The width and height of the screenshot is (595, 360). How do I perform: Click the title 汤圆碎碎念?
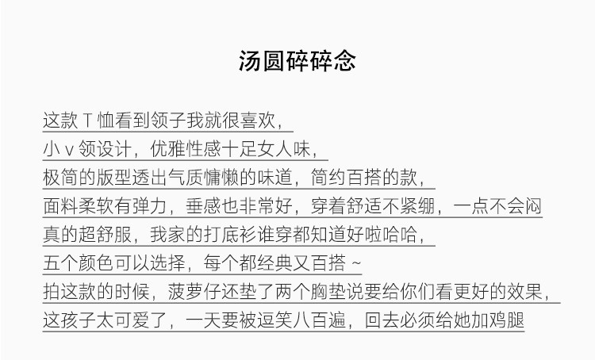[x=297, y=62]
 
